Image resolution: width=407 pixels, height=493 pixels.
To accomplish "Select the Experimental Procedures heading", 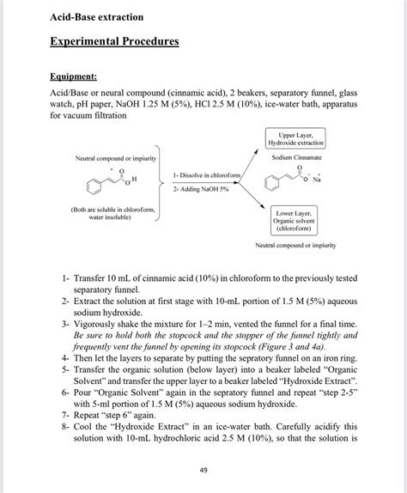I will [113, 42].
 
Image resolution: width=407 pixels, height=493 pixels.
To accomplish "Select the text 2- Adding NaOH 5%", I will [202, 188].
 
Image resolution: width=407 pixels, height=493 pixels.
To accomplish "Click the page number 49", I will [203, 469].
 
